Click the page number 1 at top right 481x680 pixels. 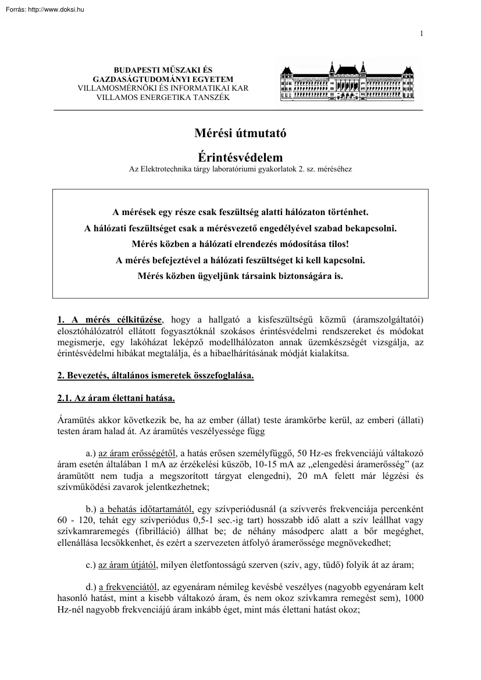421,33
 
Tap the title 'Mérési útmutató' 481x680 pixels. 240,133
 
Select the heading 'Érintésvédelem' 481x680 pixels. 240,158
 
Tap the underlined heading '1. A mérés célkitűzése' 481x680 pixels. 111,320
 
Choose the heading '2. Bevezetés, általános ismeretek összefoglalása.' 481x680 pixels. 155,375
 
